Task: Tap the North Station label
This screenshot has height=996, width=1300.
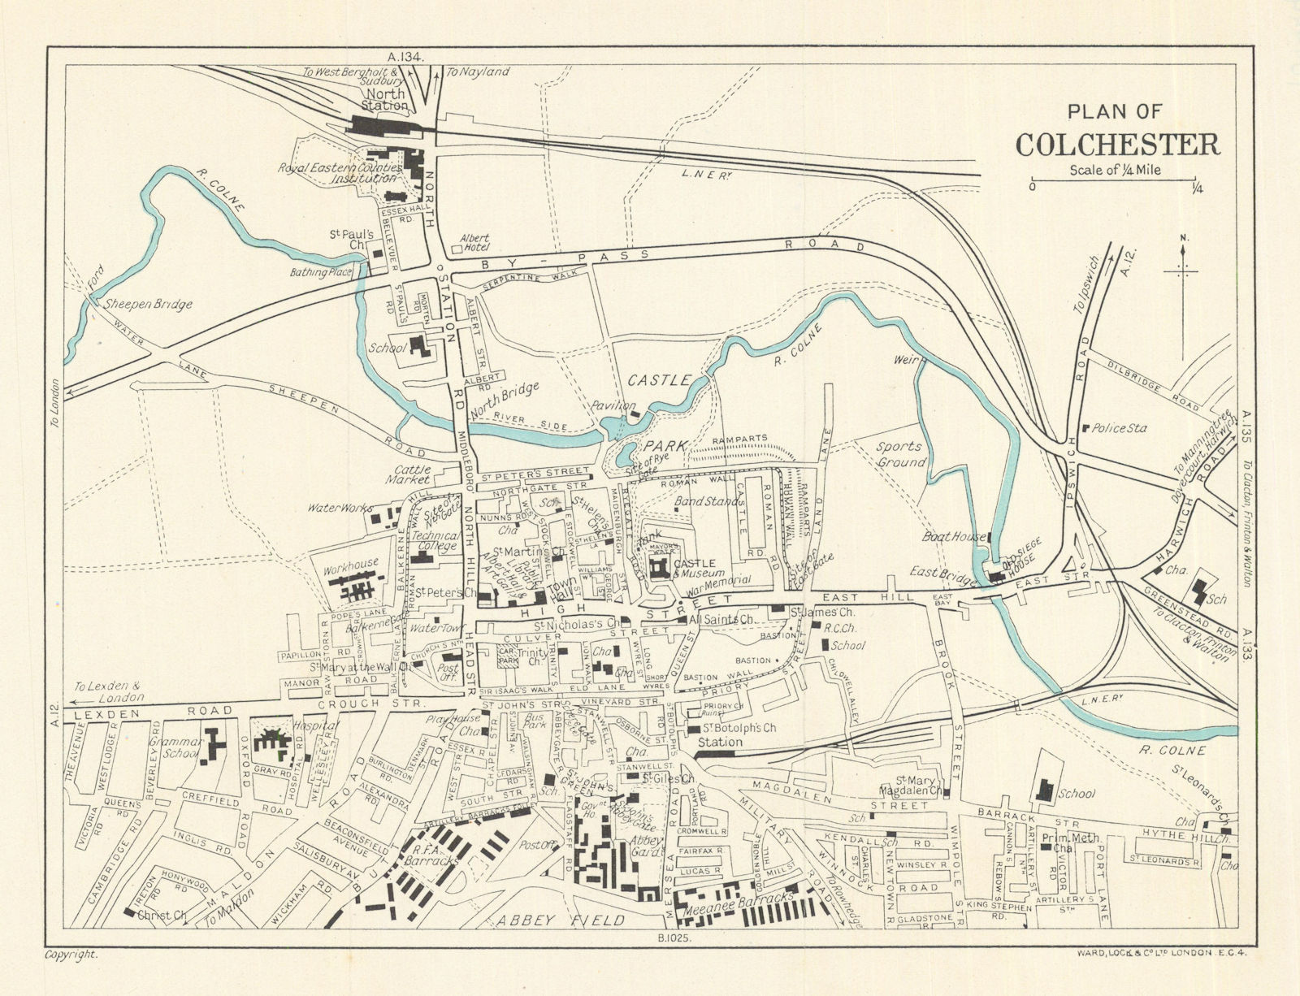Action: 387,99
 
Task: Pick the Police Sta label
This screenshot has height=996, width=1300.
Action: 1119,428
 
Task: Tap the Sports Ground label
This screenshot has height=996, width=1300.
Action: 900,454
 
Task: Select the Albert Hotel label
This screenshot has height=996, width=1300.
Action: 474,243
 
